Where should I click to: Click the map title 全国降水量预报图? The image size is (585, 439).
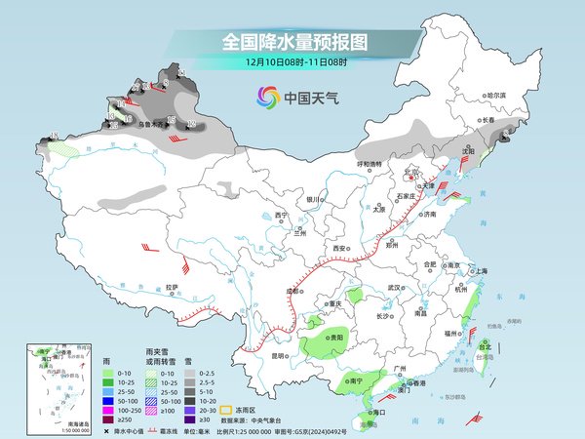(293, 42)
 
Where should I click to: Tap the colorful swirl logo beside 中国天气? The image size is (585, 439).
(266, 97)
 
